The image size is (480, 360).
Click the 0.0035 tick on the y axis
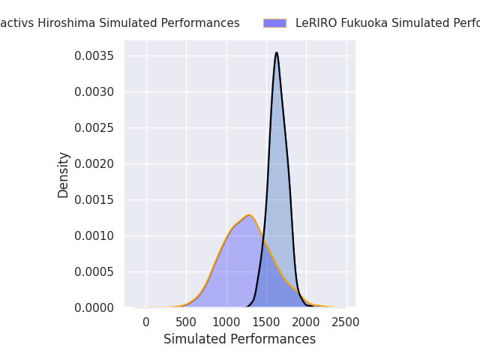pos(95,56)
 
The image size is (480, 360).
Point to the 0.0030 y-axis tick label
pos(95,92)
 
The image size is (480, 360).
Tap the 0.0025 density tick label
pos(95,128)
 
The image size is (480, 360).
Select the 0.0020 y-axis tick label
pos(95,164)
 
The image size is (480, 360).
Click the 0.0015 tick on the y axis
pos(95,200)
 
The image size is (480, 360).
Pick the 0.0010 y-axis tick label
pos(95,236)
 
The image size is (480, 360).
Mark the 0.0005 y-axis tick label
pos(95,272)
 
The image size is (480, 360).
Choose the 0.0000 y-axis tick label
pos(95,308)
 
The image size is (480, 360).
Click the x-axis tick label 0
pos(146,322)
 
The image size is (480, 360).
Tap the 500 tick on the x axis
pos(186,322)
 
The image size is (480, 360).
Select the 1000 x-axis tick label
pos(226,322)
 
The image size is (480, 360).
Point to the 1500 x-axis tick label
pos(266,322)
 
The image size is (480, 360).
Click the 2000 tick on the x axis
pos(306,322)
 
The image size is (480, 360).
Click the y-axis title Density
pos(64,175)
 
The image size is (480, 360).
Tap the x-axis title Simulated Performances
pos(239,339)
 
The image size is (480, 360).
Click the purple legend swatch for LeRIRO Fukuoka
pos(274,23)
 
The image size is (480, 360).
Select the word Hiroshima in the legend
pos(57,23)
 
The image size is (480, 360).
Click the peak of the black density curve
pos(277,52)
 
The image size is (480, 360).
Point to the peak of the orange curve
pos(248,215)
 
